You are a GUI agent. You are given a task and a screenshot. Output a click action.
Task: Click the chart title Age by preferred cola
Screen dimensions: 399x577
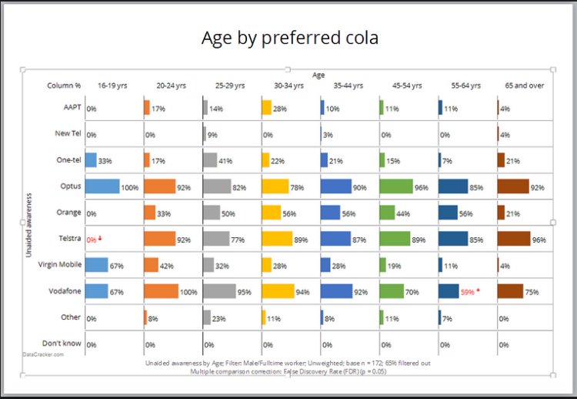pyautogui.click(x=289, y=37)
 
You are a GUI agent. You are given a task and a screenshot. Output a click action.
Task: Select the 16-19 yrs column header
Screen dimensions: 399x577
pyautogui.click(x=112, y=85)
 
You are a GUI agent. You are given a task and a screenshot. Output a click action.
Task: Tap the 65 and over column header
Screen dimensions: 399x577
pyautogui.click(x=525, y=85)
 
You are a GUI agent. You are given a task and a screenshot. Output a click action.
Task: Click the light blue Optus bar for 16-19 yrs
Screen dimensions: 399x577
pyautogui.click(x=102, y=186)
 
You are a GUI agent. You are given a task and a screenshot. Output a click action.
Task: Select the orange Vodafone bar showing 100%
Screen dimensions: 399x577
pyautogui.click(x=160, y=291)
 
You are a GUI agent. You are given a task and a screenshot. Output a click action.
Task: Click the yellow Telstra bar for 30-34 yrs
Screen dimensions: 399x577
pyautogui.click(x=277, y=239)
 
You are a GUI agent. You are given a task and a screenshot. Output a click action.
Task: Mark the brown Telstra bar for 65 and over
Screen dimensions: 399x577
pyautogui.click(x=514, y=239)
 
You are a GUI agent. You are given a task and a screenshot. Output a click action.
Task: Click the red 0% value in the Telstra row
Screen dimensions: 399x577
pyautogui.click(x=92, y=240)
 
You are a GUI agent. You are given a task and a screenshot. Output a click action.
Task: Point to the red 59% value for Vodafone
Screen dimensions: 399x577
pyautogui.click(x=467, y=292)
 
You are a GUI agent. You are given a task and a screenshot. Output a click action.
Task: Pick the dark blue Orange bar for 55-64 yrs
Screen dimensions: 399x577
pyautogui.click(x=449, y=213)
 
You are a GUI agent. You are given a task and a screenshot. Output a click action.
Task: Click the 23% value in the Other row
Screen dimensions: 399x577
pyautogui.click(x=219, y=318)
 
